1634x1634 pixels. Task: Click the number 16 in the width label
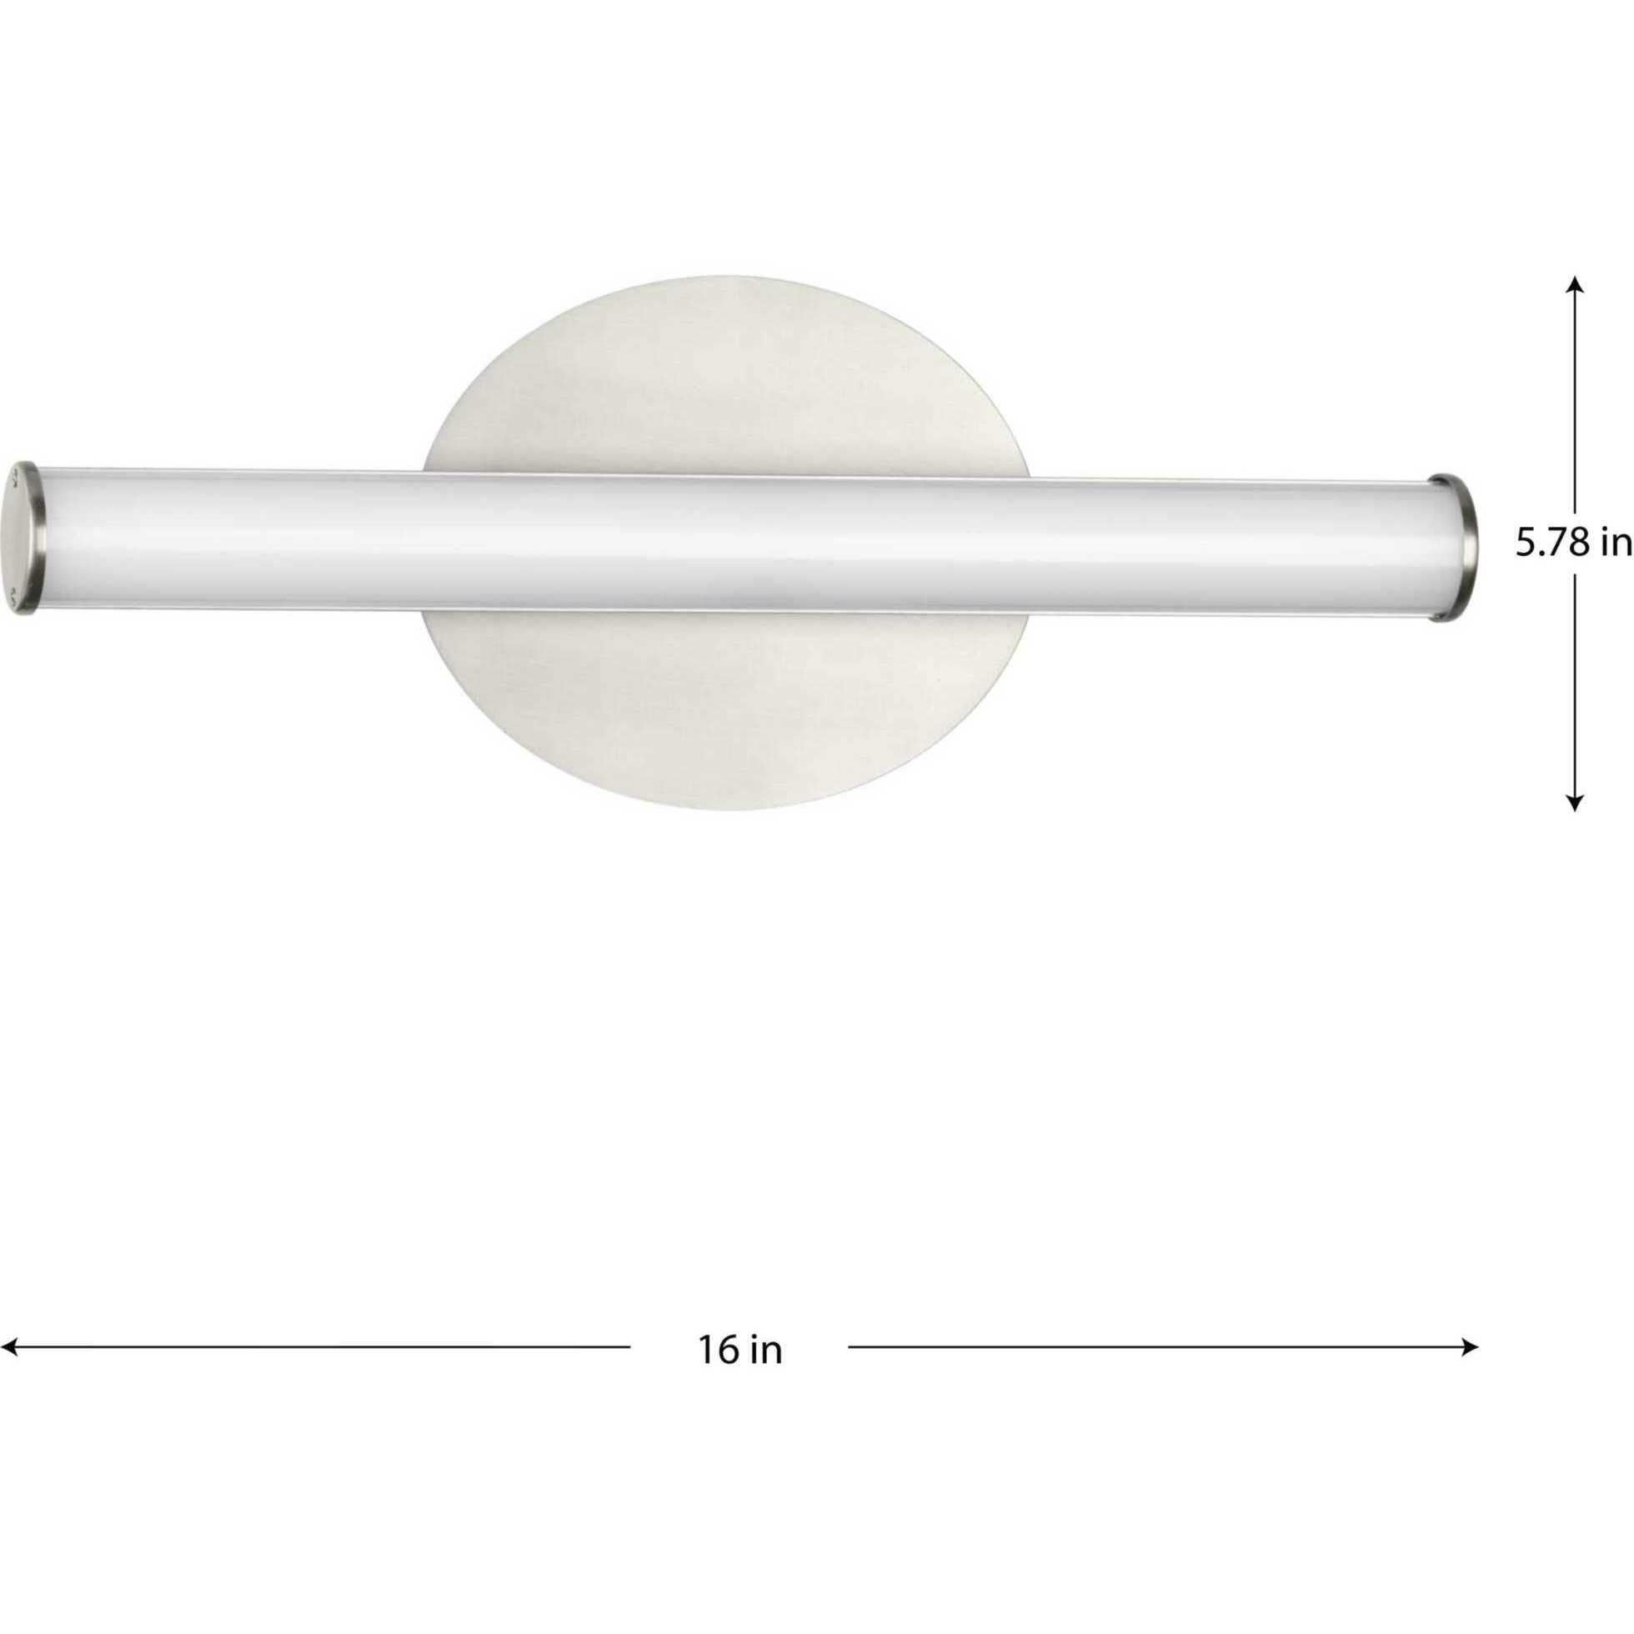point(716,1351)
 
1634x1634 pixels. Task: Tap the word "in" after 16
point(765,1351)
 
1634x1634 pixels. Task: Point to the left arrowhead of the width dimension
point(10,1346)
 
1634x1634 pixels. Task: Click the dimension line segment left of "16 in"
point(322,1346)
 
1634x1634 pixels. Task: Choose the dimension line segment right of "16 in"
point(1159,1346)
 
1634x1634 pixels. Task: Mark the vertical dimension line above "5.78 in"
point(1574,398)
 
